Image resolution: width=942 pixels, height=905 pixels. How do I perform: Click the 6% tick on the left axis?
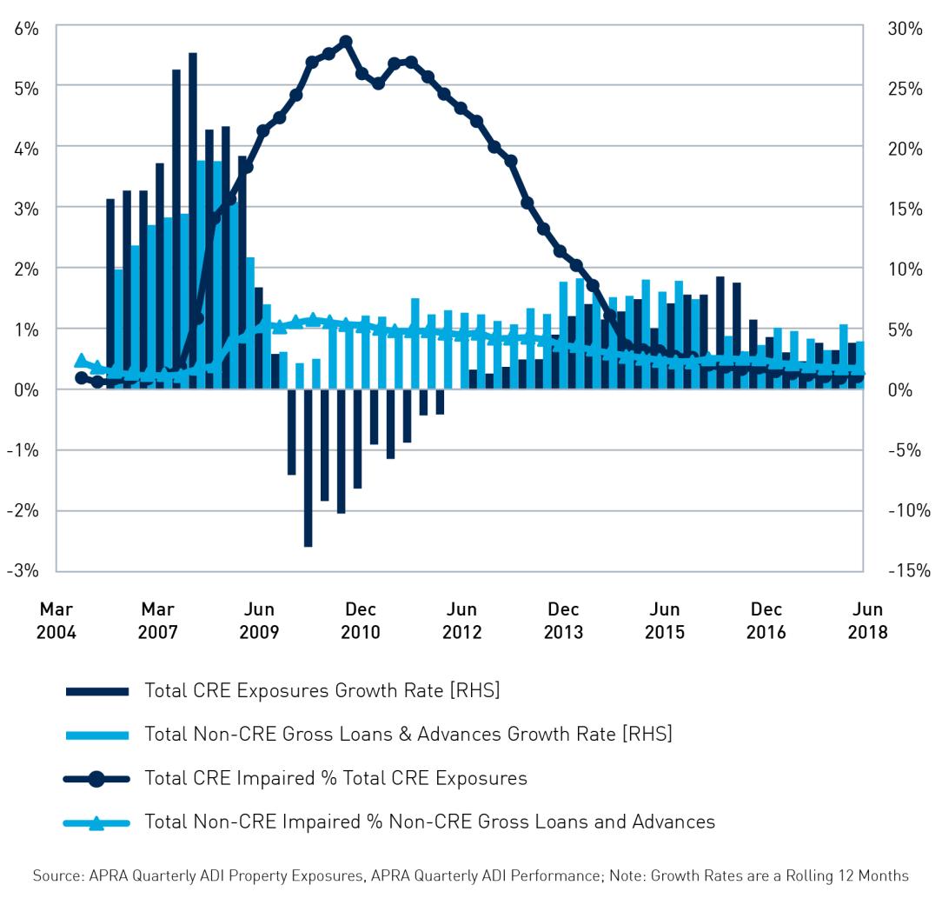coord(27,28)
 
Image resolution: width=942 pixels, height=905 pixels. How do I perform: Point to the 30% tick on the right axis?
coord(905,28)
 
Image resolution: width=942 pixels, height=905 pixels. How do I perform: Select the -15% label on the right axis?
coord(908,571)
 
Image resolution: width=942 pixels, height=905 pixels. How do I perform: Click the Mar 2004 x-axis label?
coord(56,621)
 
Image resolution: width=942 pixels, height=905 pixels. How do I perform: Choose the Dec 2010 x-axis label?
coord(360,621)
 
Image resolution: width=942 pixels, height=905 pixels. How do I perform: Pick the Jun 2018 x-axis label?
coord(867,621)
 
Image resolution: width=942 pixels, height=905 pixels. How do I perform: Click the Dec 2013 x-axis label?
coord(563,621)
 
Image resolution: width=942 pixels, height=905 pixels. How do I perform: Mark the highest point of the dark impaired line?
coord(345,42)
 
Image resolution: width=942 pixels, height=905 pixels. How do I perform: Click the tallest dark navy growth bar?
coord(193,217)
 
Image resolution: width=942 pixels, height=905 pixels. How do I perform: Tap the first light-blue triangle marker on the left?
coord(81,361)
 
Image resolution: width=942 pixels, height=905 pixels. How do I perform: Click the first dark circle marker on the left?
coord(81,378)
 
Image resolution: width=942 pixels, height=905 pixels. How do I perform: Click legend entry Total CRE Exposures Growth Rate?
coord(322,691)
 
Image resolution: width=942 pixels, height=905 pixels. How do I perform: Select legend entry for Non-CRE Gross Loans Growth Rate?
coord(408,735)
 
